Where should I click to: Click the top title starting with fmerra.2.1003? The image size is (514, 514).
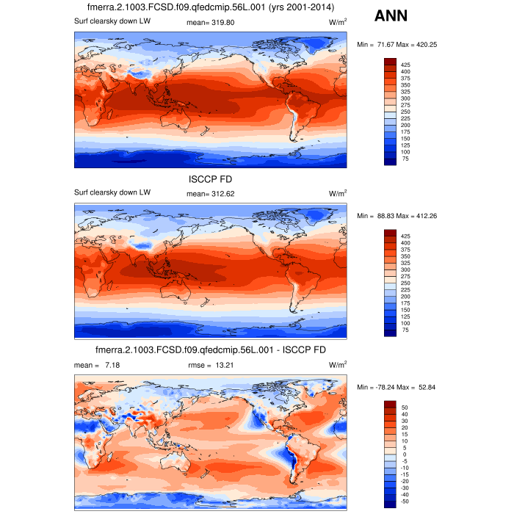[210, 7]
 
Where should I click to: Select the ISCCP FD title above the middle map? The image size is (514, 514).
[210, 178]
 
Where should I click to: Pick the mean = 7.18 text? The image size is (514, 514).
[91, 365]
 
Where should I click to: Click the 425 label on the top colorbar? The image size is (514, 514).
[405, 64]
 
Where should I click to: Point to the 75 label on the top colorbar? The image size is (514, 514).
[405, 159]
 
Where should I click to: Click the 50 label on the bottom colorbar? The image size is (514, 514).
[404, 406]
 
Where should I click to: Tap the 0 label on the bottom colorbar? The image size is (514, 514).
[404, 453]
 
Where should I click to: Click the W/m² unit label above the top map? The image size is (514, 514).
[338, 23]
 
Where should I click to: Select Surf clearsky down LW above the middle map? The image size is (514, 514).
[112, 193]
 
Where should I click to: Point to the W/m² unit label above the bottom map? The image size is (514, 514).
[338, 365]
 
